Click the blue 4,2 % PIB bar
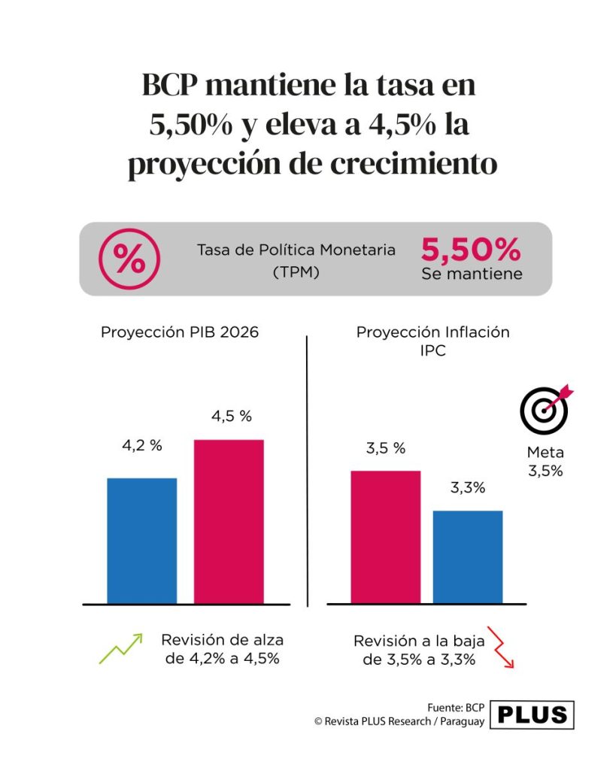click(142, 541)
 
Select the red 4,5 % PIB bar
click(229, 522)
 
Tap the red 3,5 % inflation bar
click(386, 537)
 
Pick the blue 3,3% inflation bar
click(468, 557)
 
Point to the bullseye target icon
click(546, 409)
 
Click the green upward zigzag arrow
click(121, 649)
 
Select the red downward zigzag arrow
click(501, 647)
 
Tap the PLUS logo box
click(532, 715)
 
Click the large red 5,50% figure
click(471, 250)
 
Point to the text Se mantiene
click(472, 274)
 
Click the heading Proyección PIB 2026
click(180, 332)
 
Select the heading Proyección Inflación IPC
click(432, 341)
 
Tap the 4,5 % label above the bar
click(232, 417)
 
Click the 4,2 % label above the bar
click(142, 445)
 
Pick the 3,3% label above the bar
click(468, 487)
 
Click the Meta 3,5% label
click(545, 462)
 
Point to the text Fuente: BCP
click(456, 708)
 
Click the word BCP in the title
click(169, 85)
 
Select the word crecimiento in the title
click(414, 163)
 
